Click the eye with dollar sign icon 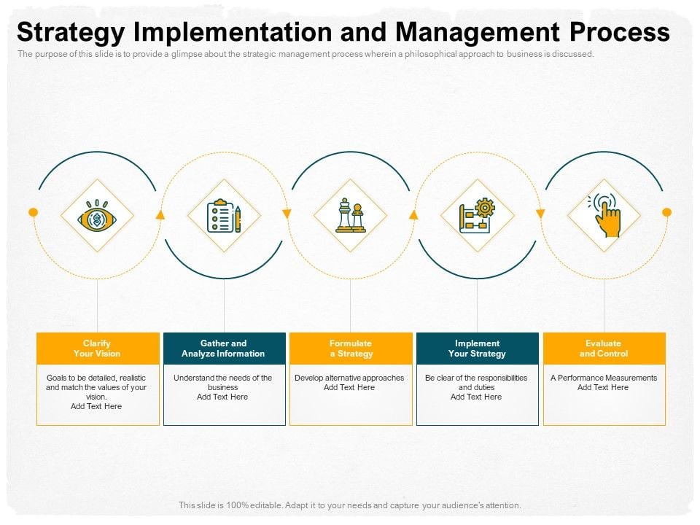pyautogui.click(x=97, y=216)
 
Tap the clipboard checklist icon pyautogui.click(x=224, y=216)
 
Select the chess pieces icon pyautogui.click(x=351, y=216)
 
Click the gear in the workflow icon pyautogui.click(x=485, y=208)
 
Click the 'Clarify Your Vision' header pyautogui.click(x=98, y=349)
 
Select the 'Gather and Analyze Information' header pyautogui.click(x=224, y=349)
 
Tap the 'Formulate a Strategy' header pyautogui.click(x=351, y=349)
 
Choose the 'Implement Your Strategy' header pyautogui.click(x=477, y=349)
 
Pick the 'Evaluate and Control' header pyautogui.click(x=604, y=349)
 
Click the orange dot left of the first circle pyautogui.click(x=33, y=212)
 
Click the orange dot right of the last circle pyautogui.click(x=666, y=212)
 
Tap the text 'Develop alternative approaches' pyautogui.click(x=349, y=378)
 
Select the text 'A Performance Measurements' pyautogui.click(x=604, y=378)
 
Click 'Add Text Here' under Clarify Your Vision pyautogui.click(x=96, y=406)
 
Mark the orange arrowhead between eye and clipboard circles pyautogui.click(x=160, y=215)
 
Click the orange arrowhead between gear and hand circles pyautogui.click(x=540, y=214)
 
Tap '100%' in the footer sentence pyautogui.click(x=237, y=505)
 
